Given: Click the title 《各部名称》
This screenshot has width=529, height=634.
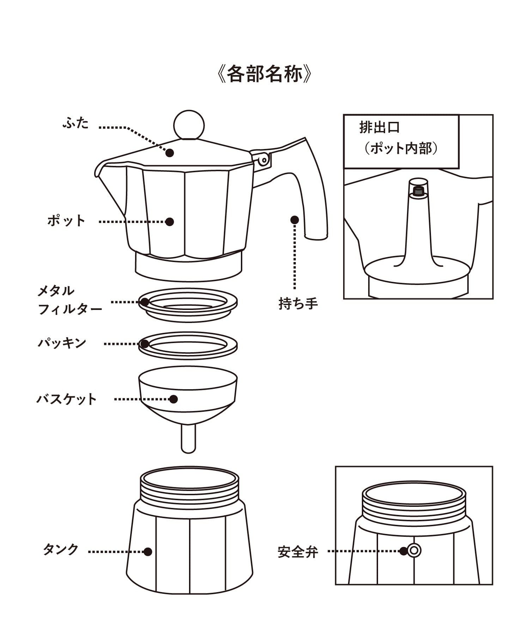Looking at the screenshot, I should point(264,74).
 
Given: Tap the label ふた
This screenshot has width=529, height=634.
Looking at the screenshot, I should point(76,124).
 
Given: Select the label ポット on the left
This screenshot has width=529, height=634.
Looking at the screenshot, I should point(67,221).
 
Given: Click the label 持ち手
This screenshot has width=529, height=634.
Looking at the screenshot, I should point(298,303).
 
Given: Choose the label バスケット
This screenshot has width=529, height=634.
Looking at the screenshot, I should point(67,399).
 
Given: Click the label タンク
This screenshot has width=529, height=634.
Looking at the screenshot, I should point(61,550).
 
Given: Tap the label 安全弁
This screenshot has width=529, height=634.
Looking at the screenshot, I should point(298,552).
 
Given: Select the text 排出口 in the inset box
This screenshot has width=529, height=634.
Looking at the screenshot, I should point(379,128).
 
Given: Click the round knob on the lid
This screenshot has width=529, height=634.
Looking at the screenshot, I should point(189,125).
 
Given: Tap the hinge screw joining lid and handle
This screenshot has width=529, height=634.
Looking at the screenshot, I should point(263,160).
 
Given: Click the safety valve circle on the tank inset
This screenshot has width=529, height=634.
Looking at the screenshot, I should point(414,551).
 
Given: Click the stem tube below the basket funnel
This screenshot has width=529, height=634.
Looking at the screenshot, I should point(188,439).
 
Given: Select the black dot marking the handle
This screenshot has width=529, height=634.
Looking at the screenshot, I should point(294,220).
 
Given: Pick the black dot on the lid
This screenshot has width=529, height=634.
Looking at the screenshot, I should point(170,153).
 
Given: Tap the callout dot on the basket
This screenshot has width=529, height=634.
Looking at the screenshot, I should point(173,399).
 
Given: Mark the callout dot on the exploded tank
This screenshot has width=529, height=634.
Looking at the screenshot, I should point(148,552).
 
